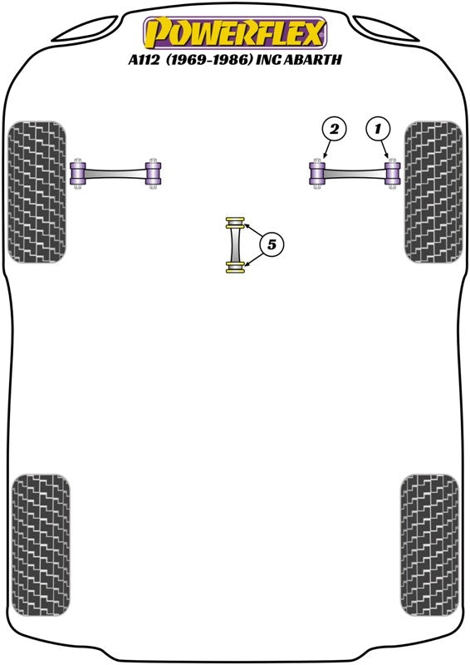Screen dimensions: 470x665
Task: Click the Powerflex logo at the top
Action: point(235,33)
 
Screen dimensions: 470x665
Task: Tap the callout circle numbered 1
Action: point(378,129)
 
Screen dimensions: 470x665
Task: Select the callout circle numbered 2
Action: point(334,129)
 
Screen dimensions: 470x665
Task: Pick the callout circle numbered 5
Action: point(272,244)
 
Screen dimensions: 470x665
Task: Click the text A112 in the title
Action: point(144,60)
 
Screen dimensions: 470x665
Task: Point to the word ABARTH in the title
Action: point(312,60)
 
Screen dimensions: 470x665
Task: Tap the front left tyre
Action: point(37,192)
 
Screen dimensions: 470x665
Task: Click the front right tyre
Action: point(433,192)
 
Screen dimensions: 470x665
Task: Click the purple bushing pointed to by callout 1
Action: point(393,174)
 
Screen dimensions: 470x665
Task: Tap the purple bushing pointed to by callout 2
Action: point(317,174)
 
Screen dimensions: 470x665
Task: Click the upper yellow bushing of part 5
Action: point(235,223)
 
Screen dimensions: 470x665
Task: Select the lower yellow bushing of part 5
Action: point(235,268)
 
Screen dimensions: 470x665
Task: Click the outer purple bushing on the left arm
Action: point(78,174)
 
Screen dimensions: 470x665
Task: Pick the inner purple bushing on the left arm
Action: point(153,174)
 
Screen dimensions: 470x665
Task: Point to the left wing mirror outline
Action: point(84,30)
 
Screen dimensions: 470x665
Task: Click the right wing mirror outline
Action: point(386,30)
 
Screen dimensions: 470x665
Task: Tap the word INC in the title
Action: point(268,60)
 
